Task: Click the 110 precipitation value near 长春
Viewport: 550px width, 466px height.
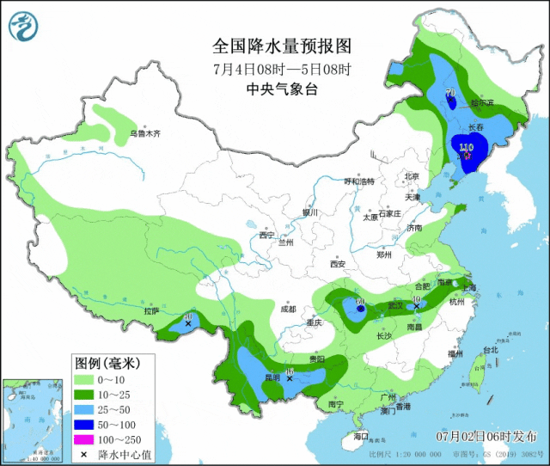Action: (x=467, y=147)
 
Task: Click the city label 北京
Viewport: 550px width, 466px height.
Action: (x=411, y=176)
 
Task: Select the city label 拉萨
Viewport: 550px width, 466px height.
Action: (x=152, y=311)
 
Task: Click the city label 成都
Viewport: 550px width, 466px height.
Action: (x=287, y=309)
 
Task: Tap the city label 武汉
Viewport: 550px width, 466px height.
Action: (x=394, y=304)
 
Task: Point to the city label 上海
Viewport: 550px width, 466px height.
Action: (x=468, y=289)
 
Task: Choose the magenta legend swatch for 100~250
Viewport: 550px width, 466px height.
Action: (x=85, y=438)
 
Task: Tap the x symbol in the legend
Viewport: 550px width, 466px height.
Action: (x=85, y=454)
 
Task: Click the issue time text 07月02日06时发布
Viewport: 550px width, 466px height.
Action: (x=486, y=436)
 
